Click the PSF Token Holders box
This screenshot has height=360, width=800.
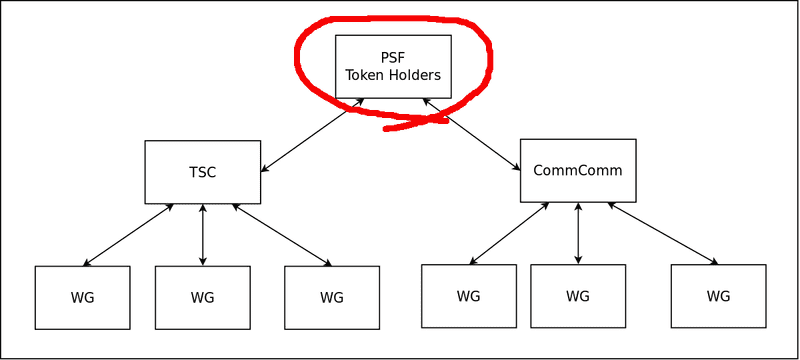393,66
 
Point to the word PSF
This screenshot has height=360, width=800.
393,56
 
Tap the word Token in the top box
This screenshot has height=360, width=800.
366,74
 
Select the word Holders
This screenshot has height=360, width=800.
414,74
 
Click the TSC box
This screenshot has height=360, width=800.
203,172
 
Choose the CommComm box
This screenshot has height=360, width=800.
578,170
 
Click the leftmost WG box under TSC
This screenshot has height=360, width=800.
82,297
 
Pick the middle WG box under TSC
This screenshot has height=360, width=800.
203,297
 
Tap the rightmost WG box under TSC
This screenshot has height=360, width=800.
332,297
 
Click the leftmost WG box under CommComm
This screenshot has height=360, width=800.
468,295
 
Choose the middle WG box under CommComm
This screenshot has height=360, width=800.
578,295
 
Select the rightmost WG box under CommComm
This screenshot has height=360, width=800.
718,295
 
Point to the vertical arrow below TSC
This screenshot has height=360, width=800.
203,235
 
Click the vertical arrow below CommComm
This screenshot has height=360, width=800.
578,233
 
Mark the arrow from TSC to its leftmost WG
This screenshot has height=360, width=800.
128,235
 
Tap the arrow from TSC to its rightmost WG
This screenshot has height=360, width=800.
282,235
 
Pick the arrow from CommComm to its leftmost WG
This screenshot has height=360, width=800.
508,234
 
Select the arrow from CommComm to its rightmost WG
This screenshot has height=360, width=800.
663,234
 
